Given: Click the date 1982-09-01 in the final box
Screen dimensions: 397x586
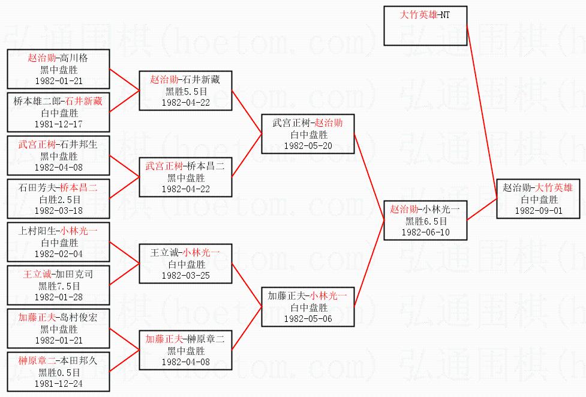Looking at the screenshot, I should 538,210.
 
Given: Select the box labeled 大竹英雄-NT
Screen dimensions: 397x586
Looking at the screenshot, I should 425,26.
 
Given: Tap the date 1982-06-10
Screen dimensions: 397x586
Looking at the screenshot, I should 425,232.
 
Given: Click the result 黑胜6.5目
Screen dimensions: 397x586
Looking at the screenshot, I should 425,221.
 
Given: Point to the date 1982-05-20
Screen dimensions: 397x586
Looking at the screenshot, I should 308,145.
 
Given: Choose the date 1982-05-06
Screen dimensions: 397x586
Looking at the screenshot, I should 308,318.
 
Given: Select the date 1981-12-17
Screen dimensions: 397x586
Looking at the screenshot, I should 59,124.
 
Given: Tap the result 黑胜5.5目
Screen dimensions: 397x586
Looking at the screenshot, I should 185,91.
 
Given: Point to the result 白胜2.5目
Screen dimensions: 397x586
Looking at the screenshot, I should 59,199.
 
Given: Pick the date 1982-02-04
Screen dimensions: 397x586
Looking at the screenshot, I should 59,253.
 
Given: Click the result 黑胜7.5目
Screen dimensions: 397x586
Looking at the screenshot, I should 59,286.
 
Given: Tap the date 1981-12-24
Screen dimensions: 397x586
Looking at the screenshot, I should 59,383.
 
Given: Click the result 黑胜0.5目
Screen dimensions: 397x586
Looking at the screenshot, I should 59,372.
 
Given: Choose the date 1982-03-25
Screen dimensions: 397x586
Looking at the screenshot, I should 185,275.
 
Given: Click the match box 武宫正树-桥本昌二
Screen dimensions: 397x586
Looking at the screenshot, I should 185,177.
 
